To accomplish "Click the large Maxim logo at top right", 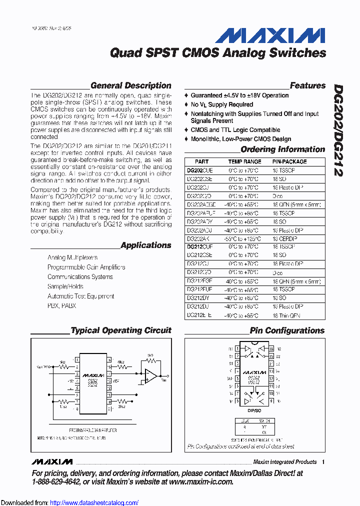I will (270, 35).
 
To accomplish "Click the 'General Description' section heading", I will (130, 85).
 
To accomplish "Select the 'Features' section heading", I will (307, 85).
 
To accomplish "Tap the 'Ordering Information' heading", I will (282, 149).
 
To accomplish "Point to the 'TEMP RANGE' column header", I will (244, 161).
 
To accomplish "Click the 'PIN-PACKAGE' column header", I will (289, 161).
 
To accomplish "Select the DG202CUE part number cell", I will (199, 170).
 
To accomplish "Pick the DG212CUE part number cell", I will (199, 246).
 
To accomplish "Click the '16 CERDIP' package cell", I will (284, 238).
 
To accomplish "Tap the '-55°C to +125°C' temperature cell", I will (244, 238).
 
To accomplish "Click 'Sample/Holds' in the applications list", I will (65, 286).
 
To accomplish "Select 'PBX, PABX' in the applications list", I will (61, 305).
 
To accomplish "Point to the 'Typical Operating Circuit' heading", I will (120, 330).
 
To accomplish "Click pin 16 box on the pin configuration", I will (271, 348).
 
